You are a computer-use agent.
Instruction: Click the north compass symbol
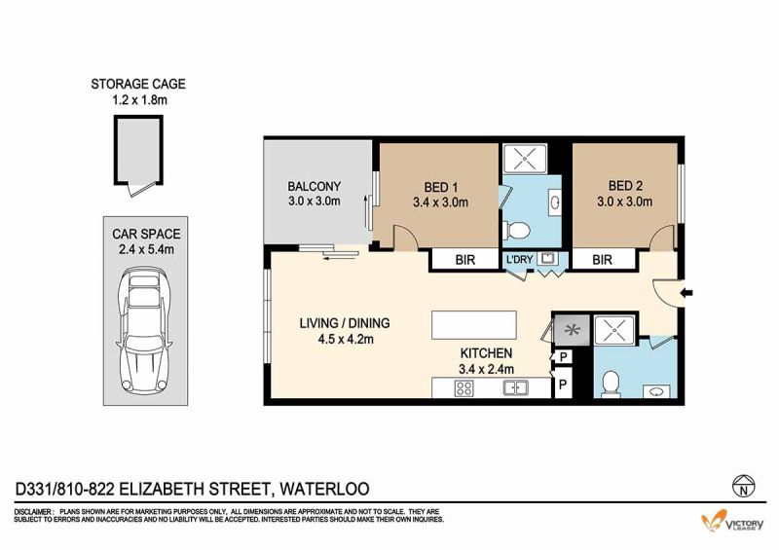pyautogui.click(x=744, y=486)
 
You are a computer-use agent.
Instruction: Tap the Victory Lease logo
pyautogui.click(x=732, y=521)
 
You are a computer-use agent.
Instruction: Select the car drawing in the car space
pyautogui.click(x=144, y=331)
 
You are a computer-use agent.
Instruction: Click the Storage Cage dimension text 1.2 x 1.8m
pyautogui.click(x=139, y=100)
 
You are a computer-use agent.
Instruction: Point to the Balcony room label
pyautogui.click(x=314, y=186)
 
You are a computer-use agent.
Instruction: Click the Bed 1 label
pyautogui.click(x=441, y=187)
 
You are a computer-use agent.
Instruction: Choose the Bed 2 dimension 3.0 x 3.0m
pyautogui.click(x=625, y=202)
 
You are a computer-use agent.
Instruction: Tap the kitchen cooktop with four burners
pyautogui.click(x=464, y=388)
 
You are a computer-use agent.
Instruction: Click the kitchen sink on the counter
pyautogui.click(x=516, y=387)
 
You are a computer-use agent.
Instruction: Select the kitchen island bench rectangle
pyautogui.click(x=474, y=325)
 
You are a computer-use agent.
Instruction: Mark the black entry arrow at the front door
pyautogui.click(x=686, y=293)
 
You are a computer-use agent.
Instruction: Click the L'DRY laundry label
pyautogui.click(x=519, y=259)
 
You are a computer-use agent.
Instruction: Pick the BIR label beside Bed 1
pyautogui.click(x=465, y=260)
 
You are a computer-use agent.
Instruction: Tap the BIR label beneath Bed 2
pyautogui.click(x=602, y=260)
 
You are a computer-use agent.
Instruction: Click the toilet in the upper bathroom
pyautogui.click(x=517, y=230)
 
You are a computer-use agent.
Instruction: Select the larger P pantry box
pyautogui.click(x=563, y=385)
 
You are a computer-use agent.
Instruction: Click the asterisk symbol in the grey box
pyautogui.click(x=573, y=329)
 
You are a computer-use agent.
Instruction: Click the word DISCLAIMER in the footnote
pyautogui.click(x=33, y=512)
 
